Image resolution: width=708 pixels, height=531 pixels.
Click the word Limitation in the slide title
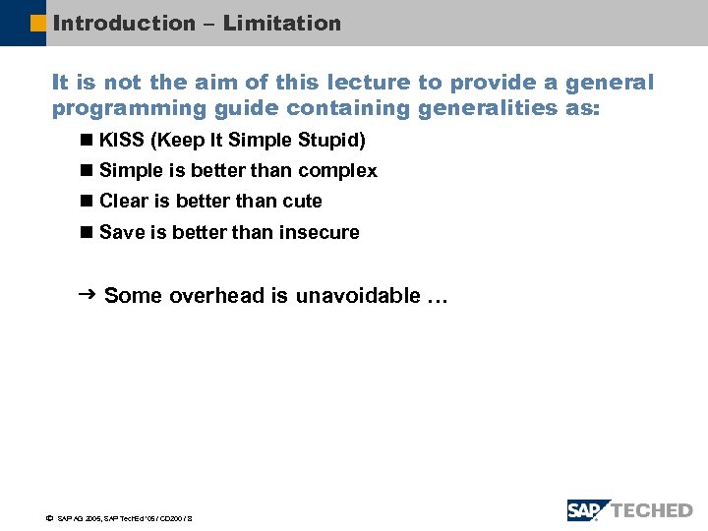click(x=282, y=23)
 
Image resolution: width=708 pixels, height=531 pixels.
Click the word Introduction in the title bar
click(x=124, y=23)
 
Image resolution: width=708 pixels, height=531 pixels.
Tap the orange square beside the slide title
click(x=38, y=23)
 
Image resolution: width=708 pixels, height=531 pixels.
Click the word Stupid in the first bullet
click(x=333, y=141)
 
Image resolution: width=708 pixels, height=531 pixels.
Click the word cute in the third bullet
click(x=302, y=202)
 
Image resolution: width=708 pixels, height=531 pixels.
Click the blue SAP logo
click(x=587, y=510)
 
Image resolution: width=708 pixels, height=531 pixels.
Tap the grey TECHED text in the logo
click(x=653, y=510)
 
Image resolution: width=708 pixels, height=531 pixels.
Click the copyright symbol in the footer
click(x=49, y=517)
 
